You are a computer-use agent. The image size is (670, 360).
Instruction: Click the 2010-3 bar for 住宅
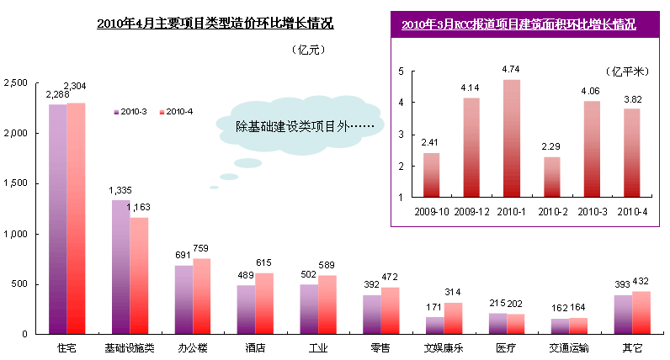click(x=57, y=219)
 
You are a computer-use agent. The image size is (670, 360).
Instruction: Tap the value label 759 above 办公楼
click(x=202, y=249)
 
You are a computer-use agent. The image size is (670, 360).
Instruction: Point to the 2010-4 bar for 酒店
click(x=265, y=303)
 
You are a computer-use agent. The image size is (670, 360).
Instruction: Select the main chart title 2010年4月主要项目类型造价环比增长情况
click(x=215, y=24)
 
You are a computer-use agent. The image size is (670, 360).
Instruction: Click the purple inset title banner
click(x=518, y=25)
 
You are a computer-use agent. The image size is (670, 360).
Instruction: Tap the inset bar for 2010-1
click(x=511, y=138)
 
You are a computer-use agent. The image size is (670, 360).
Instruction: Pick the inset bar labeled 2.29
click(x=552, y=177)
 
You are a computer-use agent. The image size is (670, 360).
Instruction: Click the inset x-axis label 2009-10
click(x=430, y=210)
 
